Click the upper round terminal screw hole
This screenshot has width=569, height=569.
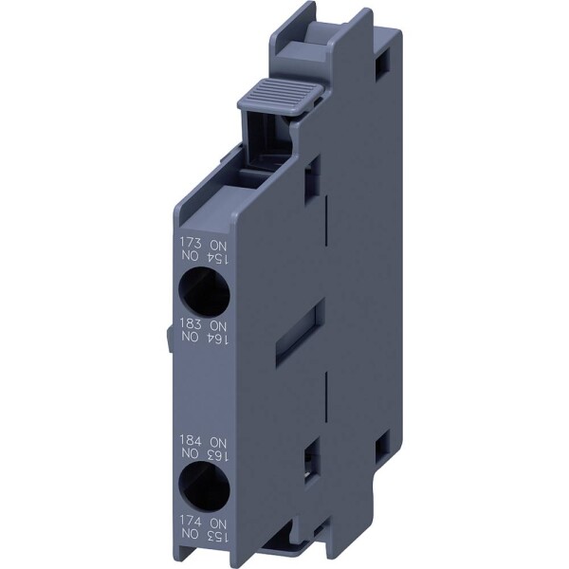tap(203, 289)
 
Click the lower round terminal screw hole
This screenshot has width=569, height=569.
tap(203, 487)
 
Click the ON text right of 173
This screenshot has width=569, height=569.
tap(217, 244)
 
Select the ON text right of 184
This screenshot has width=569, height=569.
tap(217, 442)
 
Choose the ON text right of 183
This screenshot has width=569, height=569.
tap(217, 323)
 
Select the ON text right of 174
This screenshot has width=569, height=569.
tap(217, 522)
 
